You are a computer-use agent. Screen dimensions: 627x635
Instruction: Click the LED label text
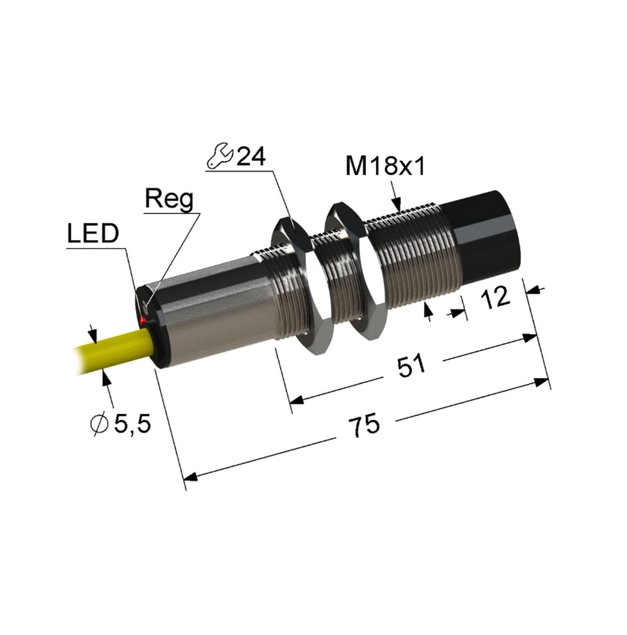coord(93,233)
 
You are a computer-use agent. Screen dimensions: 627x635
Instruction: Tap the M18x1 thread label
coord(385,166)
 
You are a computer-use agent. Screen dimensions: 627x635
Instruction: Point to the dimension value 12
coord(495,297)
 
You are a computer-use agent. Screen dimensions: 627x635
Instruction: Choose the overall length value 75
coord(364,425)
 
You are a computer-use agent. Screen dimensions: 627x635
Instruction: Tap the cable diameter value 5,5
coord(133,424)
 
